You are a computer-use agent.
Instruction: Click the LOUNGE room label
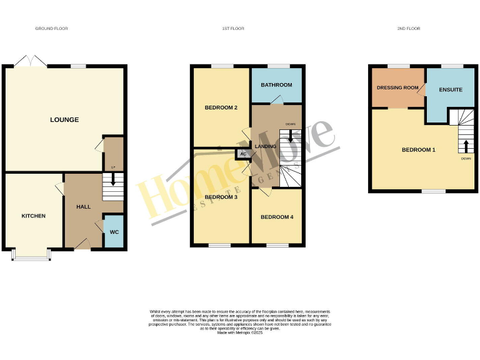(64, 119)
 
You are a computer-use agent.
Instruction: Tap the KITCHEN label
(34, 216)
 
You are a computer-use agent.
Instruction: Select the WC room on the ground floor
(114, 231)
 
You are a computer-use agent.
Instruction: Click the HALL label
(84, 206)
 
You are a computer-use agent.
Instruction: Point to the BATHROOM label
(276, 85)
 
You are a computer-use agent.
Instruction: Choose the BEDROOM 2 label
(221, 107)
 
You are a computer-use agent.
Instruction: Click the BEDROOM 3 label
(221, 197)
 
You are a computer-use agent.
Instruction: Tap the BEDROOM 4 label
(276, 217)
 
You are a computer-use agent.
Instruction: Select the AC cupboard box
(242, 154)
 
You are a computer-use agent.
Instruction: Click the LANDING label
(261, 146)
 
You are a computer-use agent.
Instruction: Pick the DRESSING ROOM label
(397, 87)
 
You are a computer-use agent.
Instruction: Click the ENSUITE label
(451, 90)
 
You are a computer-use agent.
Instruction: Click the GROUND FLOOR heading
(51, 29)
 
